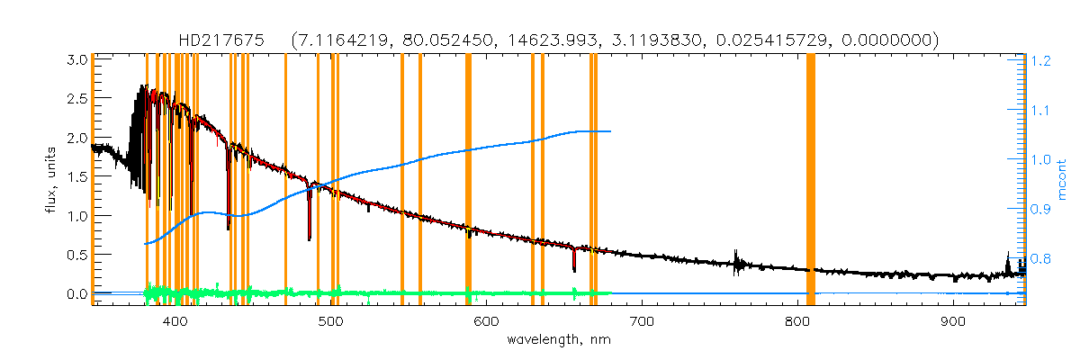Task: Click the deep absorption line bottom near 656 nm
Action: click(574, 269)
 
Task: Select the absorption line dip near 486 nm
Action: click(310, 239)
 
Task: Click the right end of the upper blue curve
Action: click(611, 131)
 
